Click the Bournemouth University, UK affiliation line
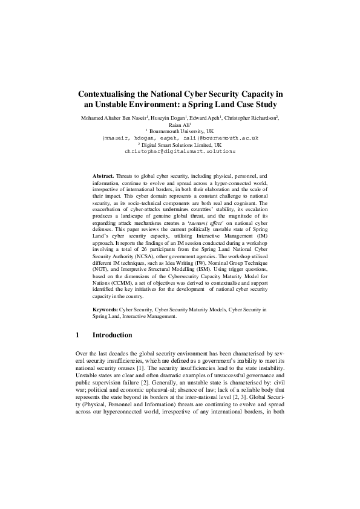coord(180,131)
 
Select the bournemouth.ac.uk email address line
coord(180,138)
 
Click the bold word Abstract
coord(103,175)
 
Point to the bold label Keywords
coord(106,309)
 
